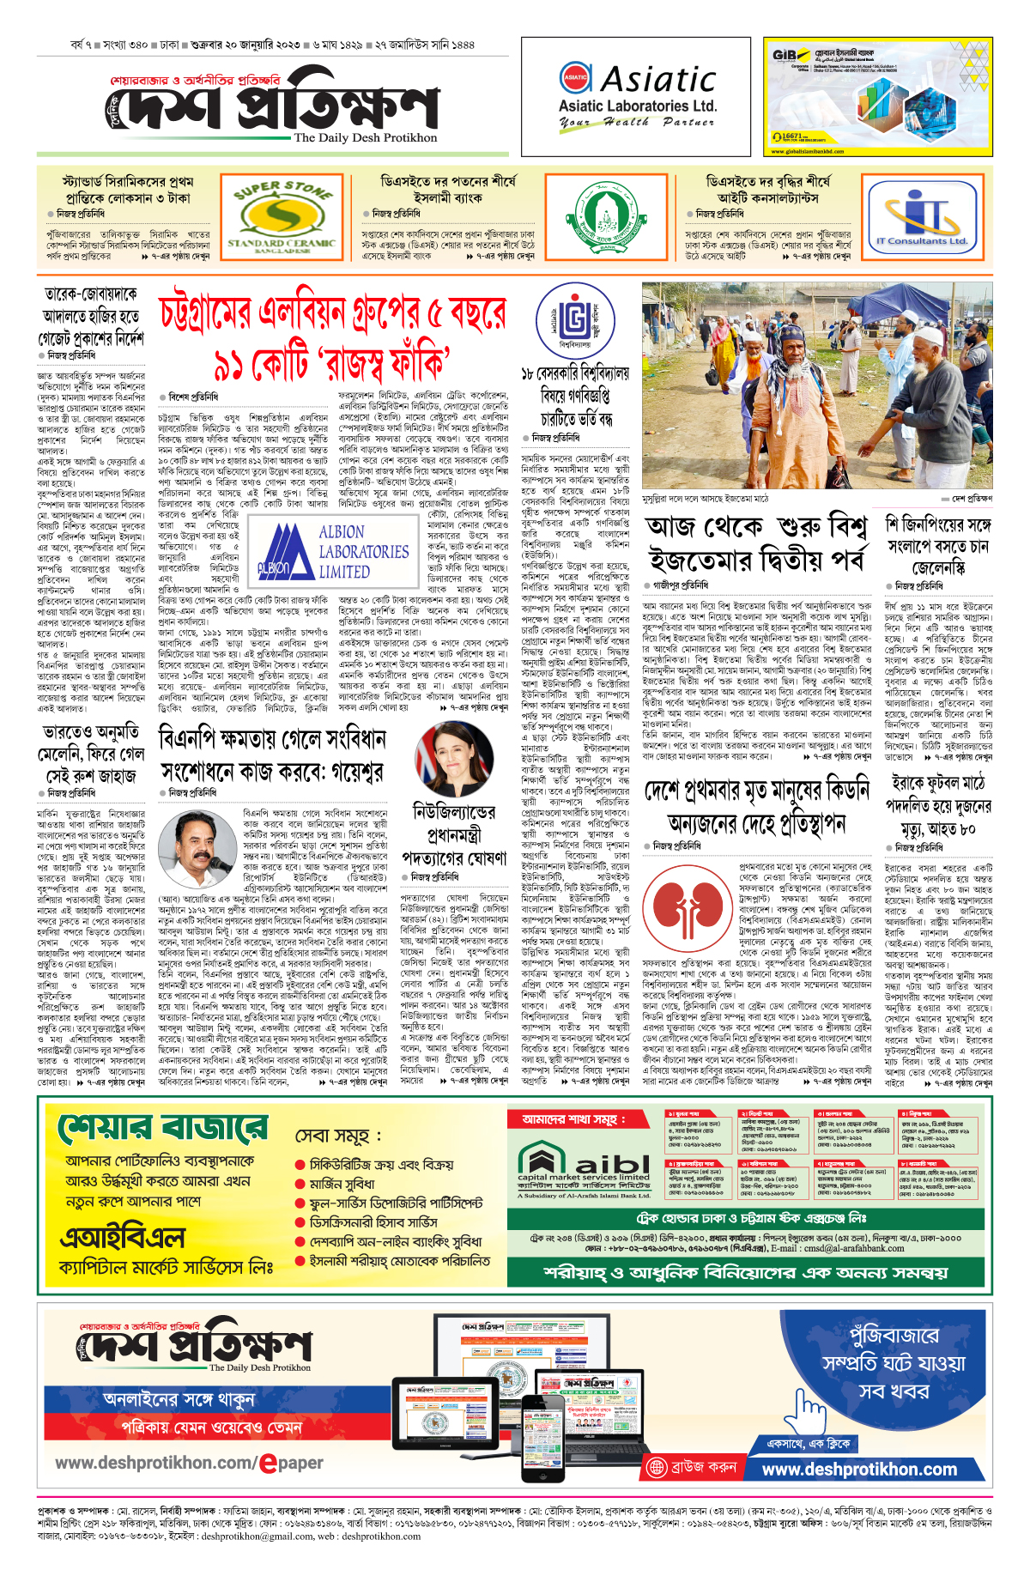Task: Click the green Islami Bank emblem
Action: coord(606,217)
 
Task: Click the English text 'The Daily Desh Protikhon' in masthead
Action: coord(365,138)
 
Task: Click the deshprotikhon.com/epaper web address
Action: coord(189,1463)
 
